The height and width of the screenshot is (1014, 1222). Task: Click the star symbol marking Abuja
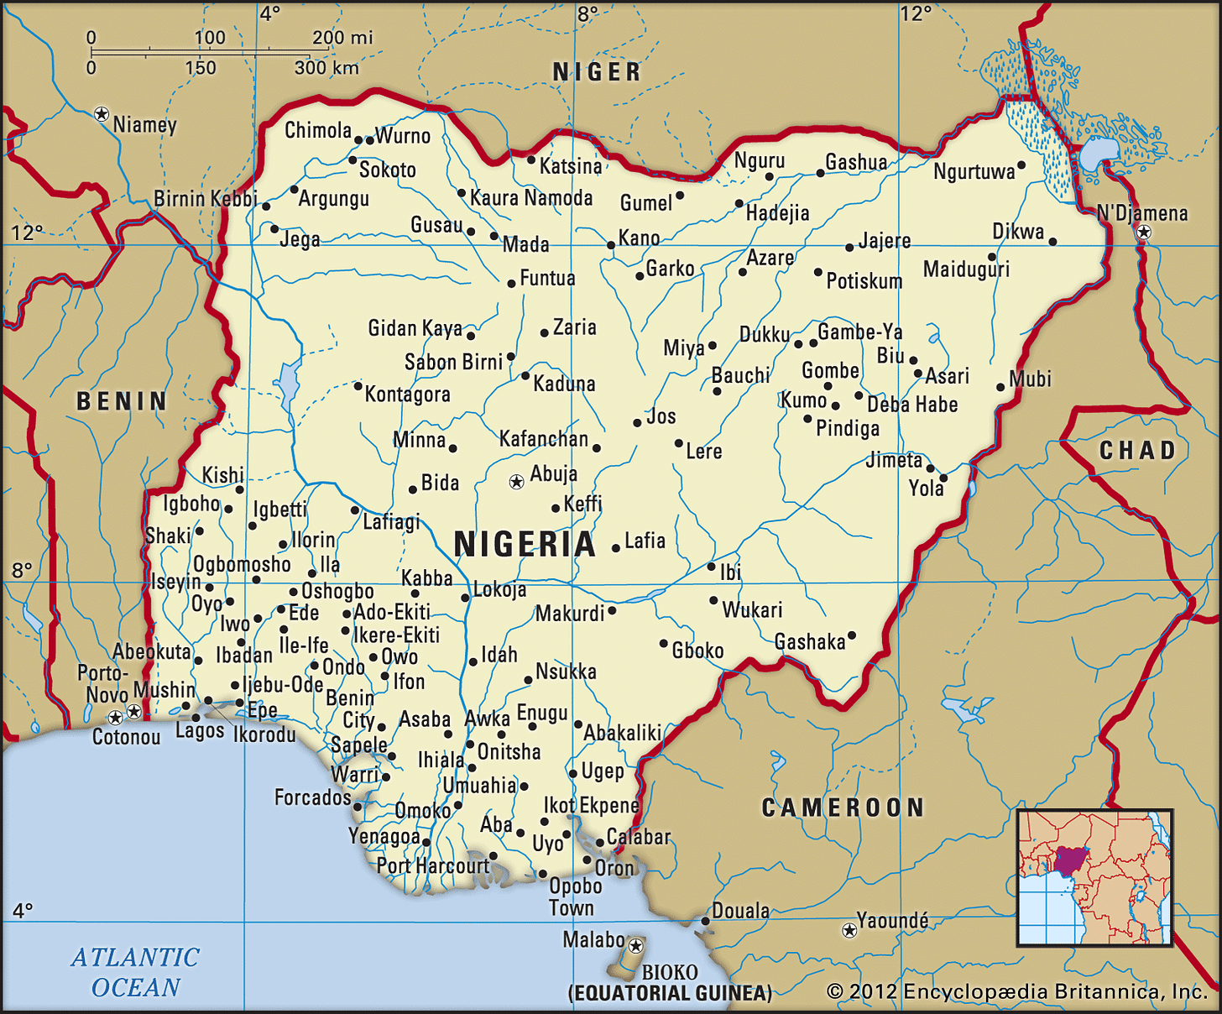click(517, 482)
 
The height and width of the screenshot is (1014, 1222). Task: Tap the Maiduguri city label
click(966, 269)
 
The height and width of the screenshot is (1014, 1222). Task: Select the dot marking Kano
click(611, 245)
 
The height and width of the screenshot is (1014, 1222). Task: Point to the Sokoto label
click(387, 170)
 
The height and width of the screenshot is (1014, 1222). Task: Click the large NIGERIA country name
click(525, 545)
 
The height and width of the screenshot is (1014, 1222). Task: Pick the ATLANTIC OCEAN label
click(135, 972)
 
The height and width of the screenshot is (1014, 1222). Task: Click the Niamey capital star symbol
click(102, 113)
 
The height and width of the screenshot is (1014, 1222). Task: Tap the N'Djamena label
click(1142, 213)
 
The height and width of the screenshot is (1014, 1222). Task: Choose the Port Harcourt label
click(432, 865)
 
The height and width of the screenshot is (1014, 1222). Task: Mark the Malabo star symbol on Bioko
click(636, 946)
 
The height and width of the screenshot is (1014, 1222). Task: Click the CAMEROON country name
click(843, 808)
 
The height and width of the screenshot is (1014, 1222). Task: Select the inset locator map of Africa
click(1094, 877)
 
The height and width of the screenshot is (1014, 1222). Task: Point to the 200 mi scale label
click(342, 38)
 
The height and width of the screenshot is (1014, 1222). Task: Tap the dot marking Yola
click(943, 478)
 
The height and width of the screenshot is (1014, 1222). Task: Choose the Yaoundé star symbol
click(849, 930)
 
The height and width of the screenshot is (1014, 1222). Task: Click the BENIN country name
click(123, 401)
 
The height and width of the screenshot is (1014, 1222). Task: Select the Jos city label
click(661, 416)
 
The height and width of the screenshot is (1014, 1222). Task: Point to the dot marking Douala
click(705, 921)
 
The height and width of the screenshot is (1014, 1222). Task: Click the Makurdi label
click(570, 614)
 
